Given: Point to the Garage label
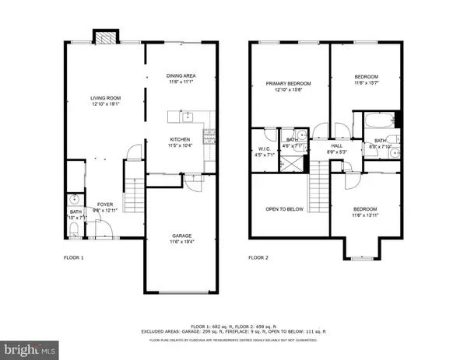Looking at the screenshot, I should pos(181,235).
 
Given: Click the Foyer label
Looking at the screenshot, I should pos(103,204).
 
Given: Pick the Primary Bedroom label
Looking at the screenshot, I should pos(288,83).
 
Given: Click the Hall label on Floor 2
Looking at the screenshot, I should pos(337,145).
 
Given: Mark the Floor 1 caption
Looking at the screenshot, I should pos(73,257).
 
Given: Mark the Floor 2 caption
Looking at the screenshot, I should pos(258,257).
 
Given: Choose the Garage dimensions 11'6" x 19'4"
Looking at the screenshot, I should pos(181,241).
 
